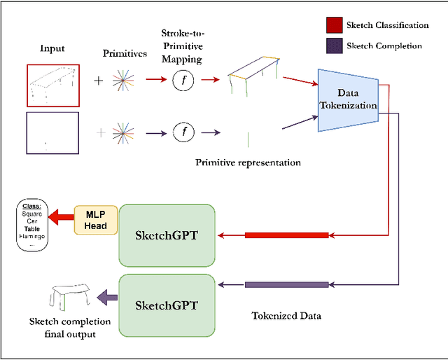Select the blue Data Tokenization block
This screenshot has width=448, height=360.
(347, 100)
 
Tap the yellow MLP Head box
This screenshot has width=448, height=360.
(96, 220)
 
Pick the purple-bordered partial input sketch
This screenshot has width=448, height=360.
(53, 132)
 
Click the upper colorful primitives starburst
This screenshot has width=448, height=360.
(125, 81)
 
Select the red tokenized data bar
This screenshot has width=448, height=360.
(286, 235)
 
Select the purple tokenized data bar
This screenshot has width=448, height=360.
(286, 284)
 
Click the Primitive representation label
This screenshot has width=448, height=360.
(248, 162)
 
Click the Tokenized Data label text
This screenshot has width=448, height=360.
(286, 316)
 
